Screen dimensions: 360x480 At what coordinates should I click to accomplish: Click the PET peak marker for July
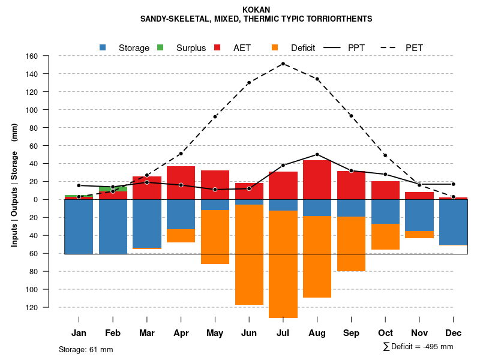[283, 64]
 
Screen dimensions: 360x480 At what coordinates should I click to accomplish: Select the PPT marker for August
[317, 154]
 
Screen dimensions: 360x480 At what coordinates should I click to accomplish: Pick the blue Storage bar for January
[79, 227]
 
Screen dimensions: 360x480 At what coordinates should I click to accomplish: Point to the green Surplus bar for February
[113, 189]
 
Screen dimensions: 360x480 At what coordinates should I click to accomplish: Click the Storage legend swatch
[103, 47]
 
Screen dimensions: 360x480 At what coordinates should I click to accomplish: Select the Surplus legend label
[191, 47]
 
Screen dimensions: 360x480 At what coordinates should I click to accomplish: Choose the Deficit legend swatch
[275, 47]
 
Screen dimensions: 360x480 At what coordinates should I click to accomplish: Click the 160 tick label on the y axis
[48, 56]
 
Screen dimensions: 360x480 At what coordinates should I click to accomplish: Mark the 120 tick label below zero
[48, 307]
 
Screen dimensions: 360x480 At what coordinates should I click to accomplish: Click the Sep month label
[352, 332]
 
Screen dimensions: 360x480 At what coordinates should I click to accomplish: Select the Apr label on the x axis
[181, 332]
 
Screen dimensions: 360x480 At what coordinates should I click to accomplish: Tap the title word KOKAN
[256, 10]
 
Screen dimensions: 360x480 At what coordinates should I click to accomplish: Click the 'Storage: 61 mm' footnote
[86, 349]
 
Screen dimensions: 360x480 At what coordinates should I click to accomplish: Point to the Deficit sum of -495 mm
[418, 347]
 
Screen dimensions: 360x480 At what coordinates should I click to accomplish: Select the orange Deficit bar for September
[352, 244]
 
